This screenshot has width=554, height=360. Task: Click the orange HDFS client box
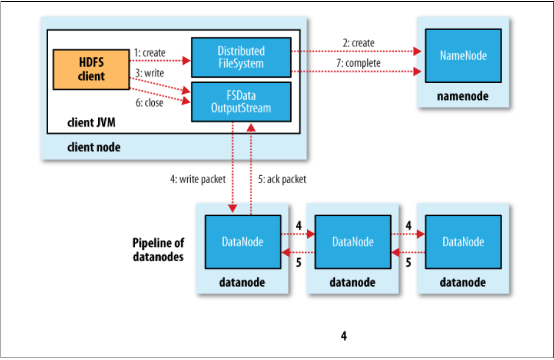pos(91,70)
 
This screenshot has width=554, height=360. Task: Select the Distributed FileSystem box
pos(241,57)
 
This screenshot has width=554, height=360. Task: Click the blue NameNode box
pos(463,56)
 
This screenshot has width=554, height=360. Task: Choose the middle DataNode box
pos(352,242)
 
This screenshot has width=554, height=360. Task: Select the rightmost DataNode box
pos(463,242)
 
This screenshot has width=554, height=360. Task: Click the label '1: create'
pos(150,53)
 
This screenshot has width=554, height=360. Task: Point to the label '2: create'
pos(359,43)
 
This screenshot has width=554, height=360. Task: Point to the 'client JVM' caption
pos(89,124)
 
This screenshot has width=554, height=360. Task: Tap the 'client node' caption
pos(93,147)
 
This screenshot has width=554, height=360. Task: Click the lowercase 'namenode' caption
pos(462,96)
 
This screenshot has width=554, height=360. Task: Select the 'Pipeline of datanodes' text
pos(158,250)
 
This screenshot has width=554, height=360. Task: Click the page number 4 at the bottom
pos(343,336)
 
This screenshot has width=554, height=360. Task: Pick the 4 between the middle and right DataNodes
pos(408,226)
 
